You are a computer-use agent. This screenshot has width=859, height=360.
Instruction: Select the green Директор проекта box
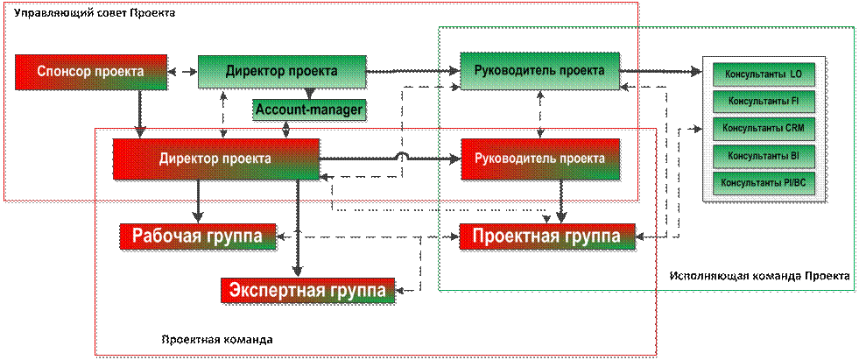pyautogui.click(x=280, y=72)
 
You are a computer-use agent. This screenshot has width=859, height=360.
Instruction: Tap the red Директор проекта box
pyautogui.click(x=215, y=159)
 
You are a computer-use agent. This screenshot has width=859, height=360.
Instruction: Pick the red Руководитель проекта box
pyautogui.click(x=539, y=159)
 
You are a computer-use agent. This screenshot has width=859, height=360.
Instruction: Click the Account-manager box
pyautogui.click(x=309, y=110)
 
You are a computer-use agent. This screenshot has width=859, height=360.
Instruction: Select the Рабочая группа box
pyautogui.click(x=198, y=236)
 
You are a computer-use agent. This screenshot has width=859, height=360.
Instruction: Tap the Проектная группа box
pyautogui.click(x=546, y=236)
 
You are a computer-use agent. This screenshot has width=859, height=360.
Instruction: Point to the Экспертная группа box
pyautogui.click(x=307, y=290)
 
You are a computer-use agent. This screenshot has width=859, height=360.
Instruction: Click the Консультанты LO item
pyautogui.click(x=763, y=74)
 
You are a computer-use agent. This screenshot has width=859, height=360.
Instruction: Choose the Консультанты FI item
pyautogui.click(x=763, y=101)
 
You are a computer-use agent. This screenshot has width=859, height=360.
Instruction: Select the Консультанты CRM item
pyautogui.click(x=763, y=128)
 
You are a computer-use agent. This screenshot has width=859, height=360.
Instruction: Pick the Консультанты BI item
pyautogui.click(x=763, y=155)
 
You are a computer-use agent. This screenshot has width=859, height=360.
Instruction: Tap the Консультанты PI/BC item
pyautogui.click(x=763, y=182)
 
